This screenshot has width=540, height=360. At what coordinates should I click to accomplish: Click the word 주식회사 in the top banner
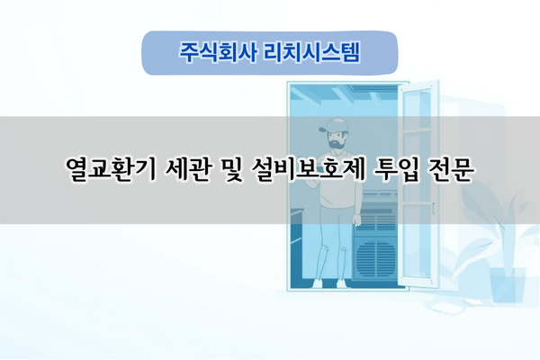208,53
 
